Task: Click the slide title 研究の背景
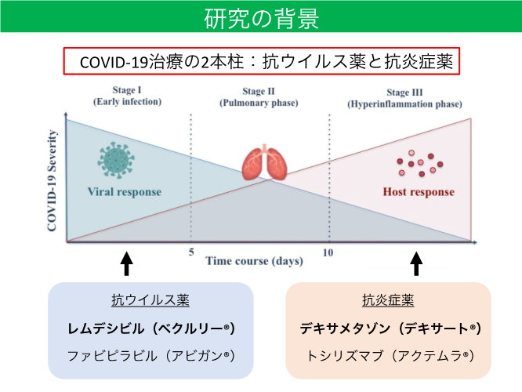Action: pos(261,19)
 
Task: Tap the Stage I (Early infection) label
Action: pos(127,96)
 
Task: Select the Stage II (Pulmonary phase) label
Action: pos(259,97)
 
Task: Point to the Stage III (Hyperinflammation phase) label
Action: pos(404,98)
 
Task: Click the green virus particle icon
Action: pos(116,160)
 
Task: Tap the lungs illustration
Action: pos(265,162)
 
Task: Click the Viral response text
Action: pos(125,192)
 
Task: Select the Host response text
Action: pos(419,192)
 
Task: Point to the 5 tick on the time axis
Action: pos(191,252)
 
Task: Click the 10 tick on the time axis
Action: pos(328,252)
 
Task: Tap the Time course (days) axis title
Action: pos(255,261)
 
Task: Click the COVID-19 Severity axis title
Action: pos(52,180)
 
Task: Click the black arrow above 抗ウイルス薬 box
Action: pos(126,263)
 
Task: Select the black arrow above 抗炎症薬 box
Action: pos(416,263)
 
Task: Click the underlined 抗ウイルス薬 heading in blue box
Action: pos(150,300)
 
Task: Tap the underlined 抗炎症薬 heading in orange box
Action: pos(388,300)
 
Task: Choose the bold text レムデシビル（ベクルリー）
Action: pos(151,328)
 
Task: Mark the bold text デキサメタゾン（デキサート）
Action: pos(390,328)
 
